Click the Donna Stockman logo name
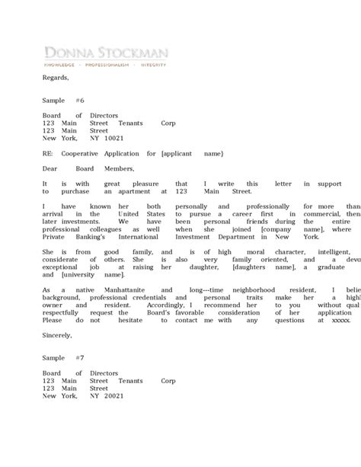point(106,53)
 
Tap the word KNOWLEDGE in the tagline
point(63,66)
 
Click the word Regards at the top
point(56,78)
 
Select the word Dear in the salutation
point(50,168)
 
